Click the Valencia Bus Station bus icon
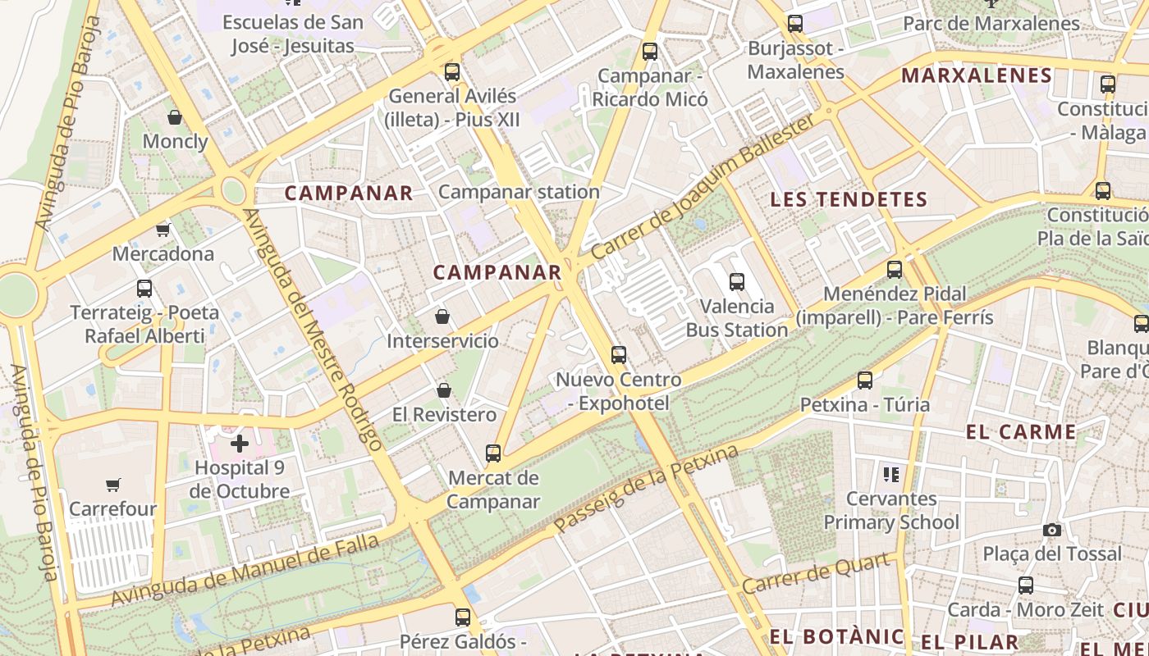click(x=737, y=281)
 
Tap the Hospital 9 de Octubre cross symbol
click(x=239, y=444)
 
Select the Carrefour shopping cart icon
click(x=112, y=485)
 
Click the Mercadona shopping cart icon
click(x=163, y=230)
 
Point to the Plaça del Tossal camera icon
click(x=1052, y=530)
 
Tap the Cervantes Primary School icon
click(x=891, y=474)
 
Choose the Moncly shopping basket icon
click(x=174, y=117)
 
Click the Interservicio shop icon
click(x=442, y=316)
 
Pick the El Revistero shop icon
click(x=444, y=389)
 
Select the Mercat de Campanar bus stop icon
click(x=492, y=453)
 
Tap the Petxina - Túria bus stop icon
click(x=865, y=380)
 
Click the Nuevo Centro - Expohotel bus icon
click(x=619, y=354)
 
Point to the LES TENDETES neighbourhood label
click(x=849, y=199)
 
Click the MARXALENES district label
click(x=977, y=75)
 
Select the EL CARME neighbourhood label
click(x=1021, y=432)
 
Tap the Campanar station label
click(x=519, y=192)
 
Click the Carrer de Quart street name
click(x=817, y=574)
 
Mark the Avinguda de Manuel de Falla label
click(x=245, y=571)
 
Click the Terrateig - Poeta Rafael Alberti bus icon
click(x=144, y=288)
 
